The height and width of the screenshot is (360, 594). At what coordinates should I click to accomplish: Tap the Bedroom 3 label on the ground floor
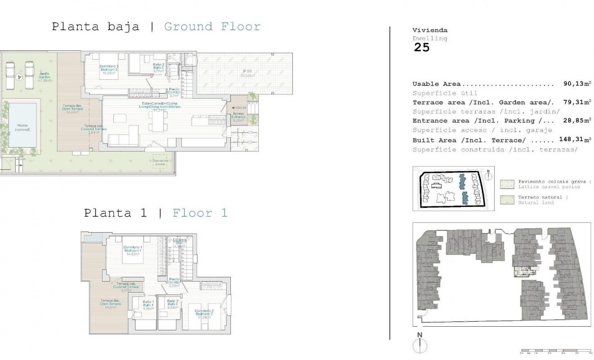pyautogui.click(x=108, y=70)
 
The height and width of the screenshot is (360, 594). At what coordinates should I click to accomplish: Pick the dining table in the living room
pyautogui.click(x=157, y=121)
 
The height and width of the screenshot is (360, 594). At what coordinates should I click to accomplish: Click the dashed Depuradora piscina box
pyautogui.click(x=160, y=163)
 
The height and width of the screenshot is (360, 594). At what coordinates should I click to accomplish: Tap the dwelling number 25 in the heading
pyautogui.click(x=422, y=48)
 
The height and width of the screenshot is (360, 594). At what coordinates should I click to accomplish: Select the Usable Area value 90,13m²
pyautogui.click(x=577, y=84)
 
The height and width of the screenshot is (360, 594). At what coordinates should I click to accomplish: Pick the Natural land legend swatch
pyautogui.click(x=507, y=200)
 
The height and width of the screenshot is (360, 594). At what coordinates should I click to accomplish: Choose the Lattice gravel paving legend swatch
pyautogui.click(x=507, y=184)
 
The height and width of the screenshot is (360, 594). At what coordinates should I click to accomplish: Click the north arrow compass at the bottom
pyautogui.click(x=419, y=345)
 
